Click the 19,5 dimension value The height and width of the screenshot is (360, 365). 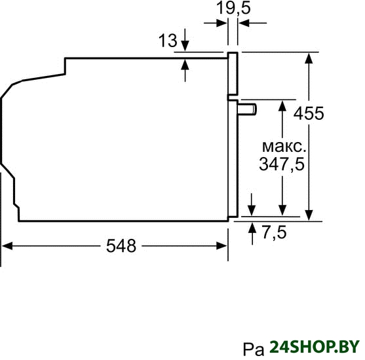(233, 8)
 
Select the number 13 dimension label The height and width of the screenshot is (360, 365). (168, 41)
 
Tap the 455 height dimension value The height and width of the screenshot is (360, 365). (309, 113)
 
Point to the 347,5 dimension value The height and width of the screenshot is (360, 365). (282, 164)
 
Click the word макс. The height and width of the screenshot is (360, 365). (284, 147)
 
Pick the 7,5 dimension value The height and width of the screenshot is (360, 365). (275, 232)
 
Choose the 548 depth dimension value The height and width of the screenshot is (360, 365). (121, 246)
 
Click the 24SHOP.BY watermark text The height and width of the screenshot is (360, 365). (315, 347)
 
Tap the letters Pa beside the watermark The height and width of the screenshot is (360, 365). (254, 350)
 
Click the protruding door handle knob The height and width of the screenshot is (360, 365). (247, 109)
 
